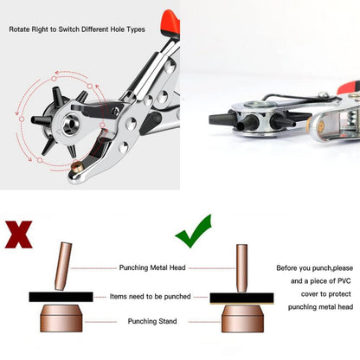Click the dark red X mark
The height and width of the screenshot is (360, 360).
coord(18,235)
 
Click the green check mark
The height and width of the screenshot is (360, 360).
coord(194,231)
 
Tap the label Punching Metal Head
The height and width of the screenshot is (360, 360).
coord(152,267)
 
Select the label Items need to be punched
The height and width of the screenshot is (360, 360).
coord(151,297)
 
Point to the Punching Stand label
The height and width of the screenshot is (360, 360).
coord(152,321)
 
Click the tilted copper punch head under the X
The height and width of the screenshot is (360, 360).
coord(63,267)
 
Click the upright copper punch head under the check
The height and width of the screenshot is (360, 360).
coord(241,268)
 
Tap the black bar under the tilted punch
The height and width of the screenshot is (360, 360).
coord(61,297)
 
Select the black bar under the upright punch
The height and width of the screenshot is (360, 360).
coord(241,299)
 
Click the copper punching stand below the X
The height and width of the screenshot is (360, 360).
coord(61,318)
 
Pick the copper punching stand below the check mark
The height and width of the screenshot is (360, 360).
coord(242,319)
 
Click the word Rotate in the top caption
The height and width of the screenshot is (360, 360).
coord(19,29)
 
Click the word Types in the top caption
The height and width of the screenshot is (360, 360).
coord(136,29)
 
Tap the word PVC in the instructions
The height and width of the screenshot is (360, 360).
coord(344,281)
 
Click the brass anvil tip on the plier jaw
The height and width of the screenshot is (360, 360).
coord(77,167)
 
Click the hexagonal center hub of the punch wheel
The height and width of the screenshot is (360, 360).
coord(71,125)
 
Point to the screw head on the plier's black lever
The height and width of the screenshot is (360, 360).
coord(115,111)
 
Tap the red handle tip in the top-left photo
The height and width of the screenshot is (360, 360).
coord(170,22)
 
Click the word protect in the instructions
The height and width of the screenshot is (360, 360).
coord(339,294)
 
